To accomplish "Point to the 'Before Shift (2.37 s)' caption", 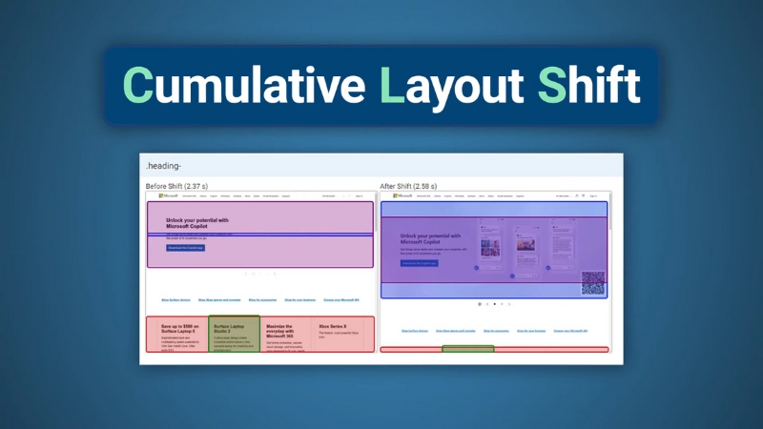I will pos(189,185).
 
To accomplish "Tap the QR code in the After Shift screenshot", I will pos(593,282).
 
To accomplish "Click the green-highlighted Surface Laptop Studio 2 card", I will pos(234,334).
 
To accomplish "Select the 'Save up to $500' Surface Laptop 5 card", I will pos(177,334).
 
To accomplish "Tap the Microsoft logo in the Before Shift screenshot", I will pos(168,195).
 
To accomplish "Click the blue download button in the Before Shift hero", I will pos(186,247).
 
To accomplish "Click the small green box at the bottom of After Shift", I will pos(467,349).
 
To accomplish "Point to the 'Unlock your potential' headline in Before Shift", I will pos(197,222).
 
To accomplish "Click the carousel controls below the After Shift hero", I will pos(494,304).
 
